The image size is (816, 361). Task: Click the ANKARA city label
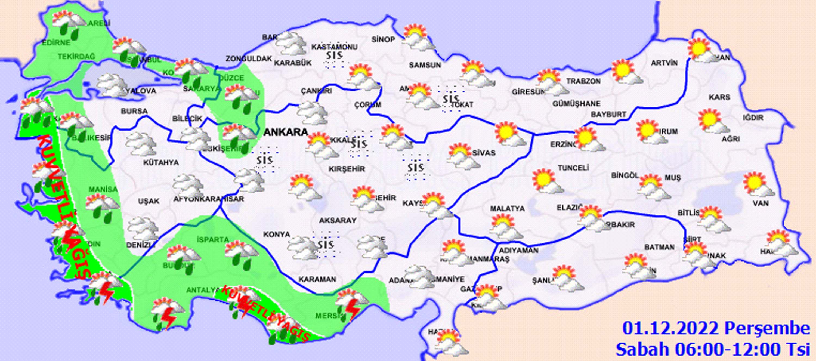[285, 132]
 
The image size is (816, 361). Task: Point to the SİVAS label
[483, 153]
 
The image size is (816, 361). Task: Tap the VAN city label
[761, 203]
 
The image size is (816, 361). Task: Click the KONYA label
[277, 234]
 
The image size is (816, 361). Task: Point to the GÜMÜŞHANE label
[576, 104]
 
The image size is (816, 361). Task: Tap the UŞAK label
[149, 201]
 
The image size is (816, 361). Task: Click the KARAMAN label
[317, 279]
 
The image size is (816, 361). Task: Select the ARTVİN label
[664, 63]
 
